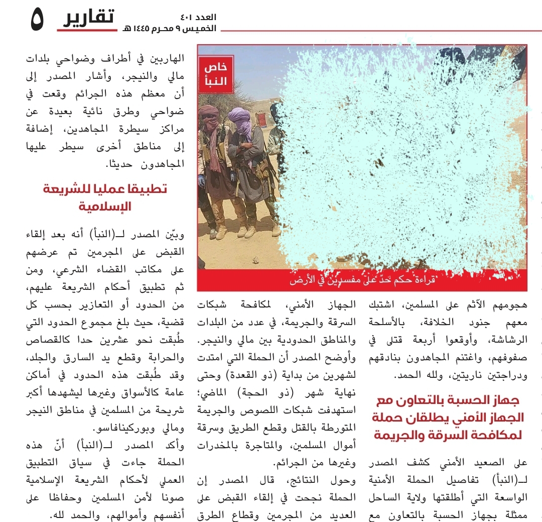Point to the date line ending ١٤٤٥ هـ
pos(169,29)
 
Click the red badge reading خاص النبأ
pos(216,74)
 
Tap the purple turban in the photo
pos(238,116)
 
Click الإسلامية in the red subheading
pos(105,206)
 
